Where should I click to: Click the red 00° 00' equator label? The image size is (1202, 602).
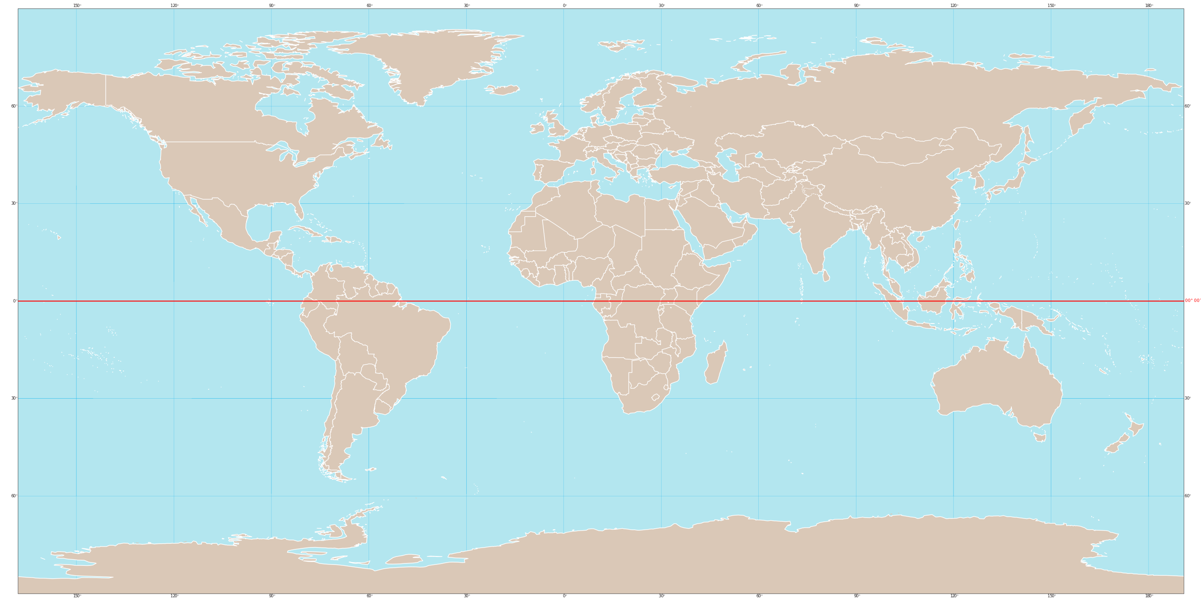1193,301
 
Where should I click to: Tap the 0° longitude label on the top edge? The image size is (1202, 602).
564,6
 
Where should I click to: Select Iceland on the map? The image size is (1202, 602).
503,89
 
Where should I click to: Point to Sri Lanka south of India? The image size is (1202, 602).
826,276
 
